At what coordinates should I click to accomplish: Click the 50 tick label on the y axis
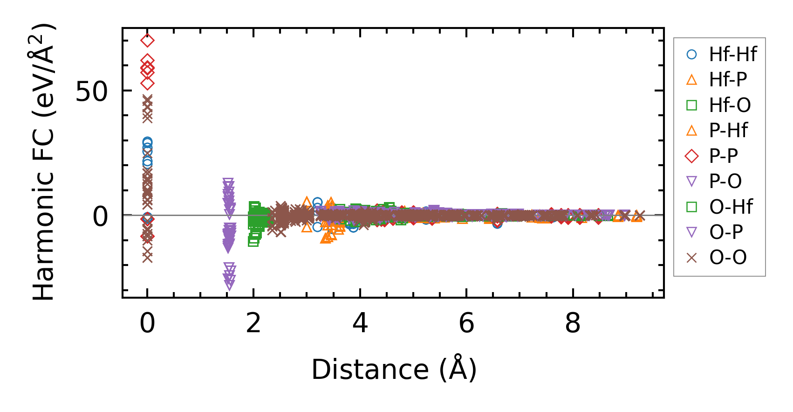[91, 91]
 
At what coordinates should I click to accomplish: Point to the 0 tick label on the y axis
[101, 217]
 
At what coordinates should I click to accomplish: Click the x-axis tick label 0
[147, 323]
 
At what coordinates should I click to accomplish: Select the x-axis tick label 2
[253, 323]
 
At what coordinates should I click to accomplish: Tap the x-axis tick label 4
[360, 323]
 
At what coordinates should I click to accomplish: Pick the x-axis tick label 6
[466, 323]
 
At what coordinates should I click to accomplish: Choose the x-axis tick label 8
[573, 323]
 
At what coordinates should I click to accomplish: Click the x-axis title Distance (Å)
[394, 370]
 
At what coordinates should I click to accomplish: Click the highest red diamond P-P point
[147, 41]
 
